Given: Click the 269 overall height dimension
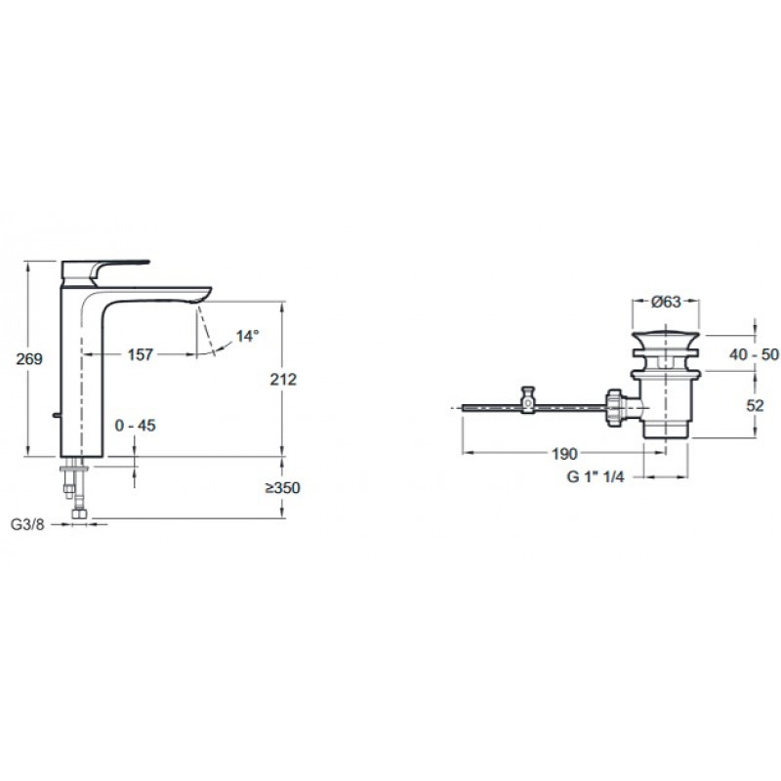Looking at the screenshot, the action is [29, 358].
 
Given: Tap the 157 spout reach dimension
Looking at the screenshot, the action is [141, 354].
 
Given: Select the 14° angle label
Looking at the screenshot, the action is [247, 336].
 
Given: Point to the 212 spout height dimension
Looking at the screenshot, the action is [283, 380].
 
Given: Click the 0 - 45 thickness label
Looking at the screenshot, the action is [135, 426].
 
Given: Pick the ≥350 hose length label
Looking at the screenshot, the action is [282, 487].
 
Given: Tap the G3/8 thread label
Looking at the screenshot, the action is [27, 524].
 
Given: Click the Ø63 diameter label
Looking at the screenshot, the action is [666, 302].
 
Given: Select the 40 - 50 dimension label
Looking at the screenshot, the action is [754, 354].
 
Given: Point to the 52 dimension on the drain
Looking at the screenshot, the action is [755, 405].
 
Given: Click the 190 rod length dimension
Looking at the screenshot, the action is [565, 454].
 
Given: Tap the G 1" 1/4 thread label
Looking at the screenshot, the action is [596, 476].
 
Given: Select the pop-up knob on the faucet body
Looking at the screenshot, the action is [57, 416].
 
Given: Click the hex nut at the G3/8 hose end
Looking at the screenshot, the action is [79, 514].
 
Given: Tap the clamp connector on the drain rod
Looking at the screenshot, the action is [527, 399].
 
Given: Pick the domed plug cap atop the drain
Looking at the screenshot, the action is [666, 341].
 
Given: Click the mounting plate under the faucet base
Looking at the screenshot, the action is [74, 469].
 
